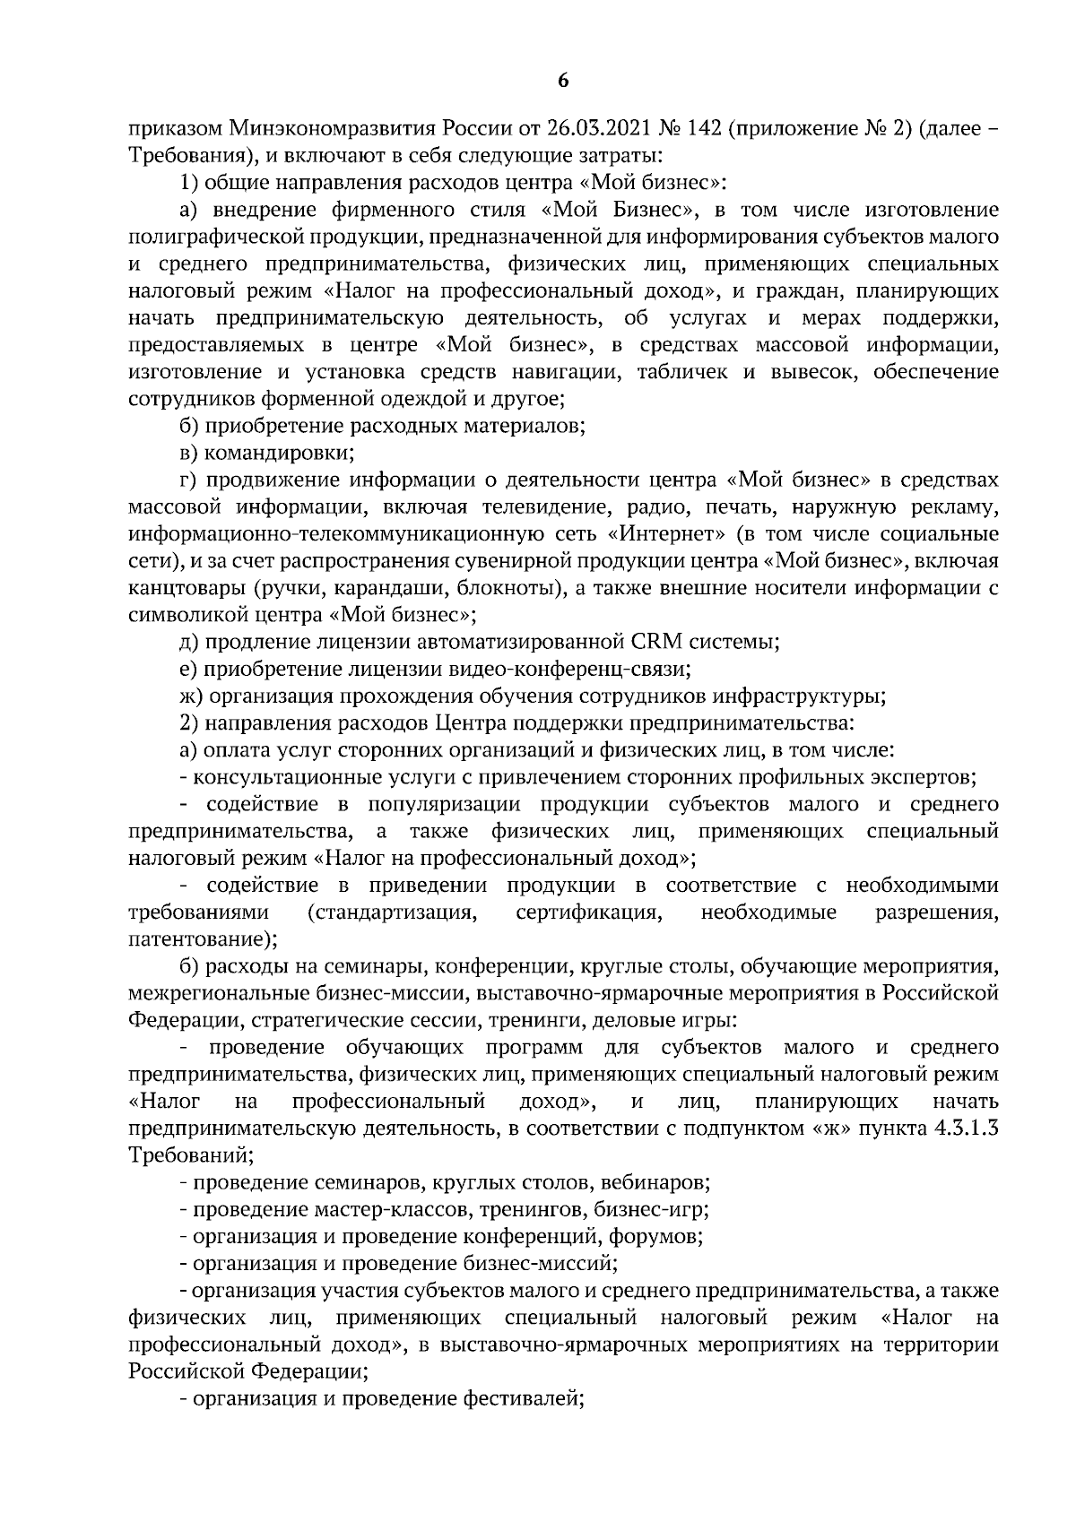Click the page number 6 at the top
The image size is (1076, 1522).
pyautogui.click(x=562, y=81)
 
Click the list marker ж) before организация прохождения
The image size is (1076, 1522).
pyautogui.click(x=192, y=696)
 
